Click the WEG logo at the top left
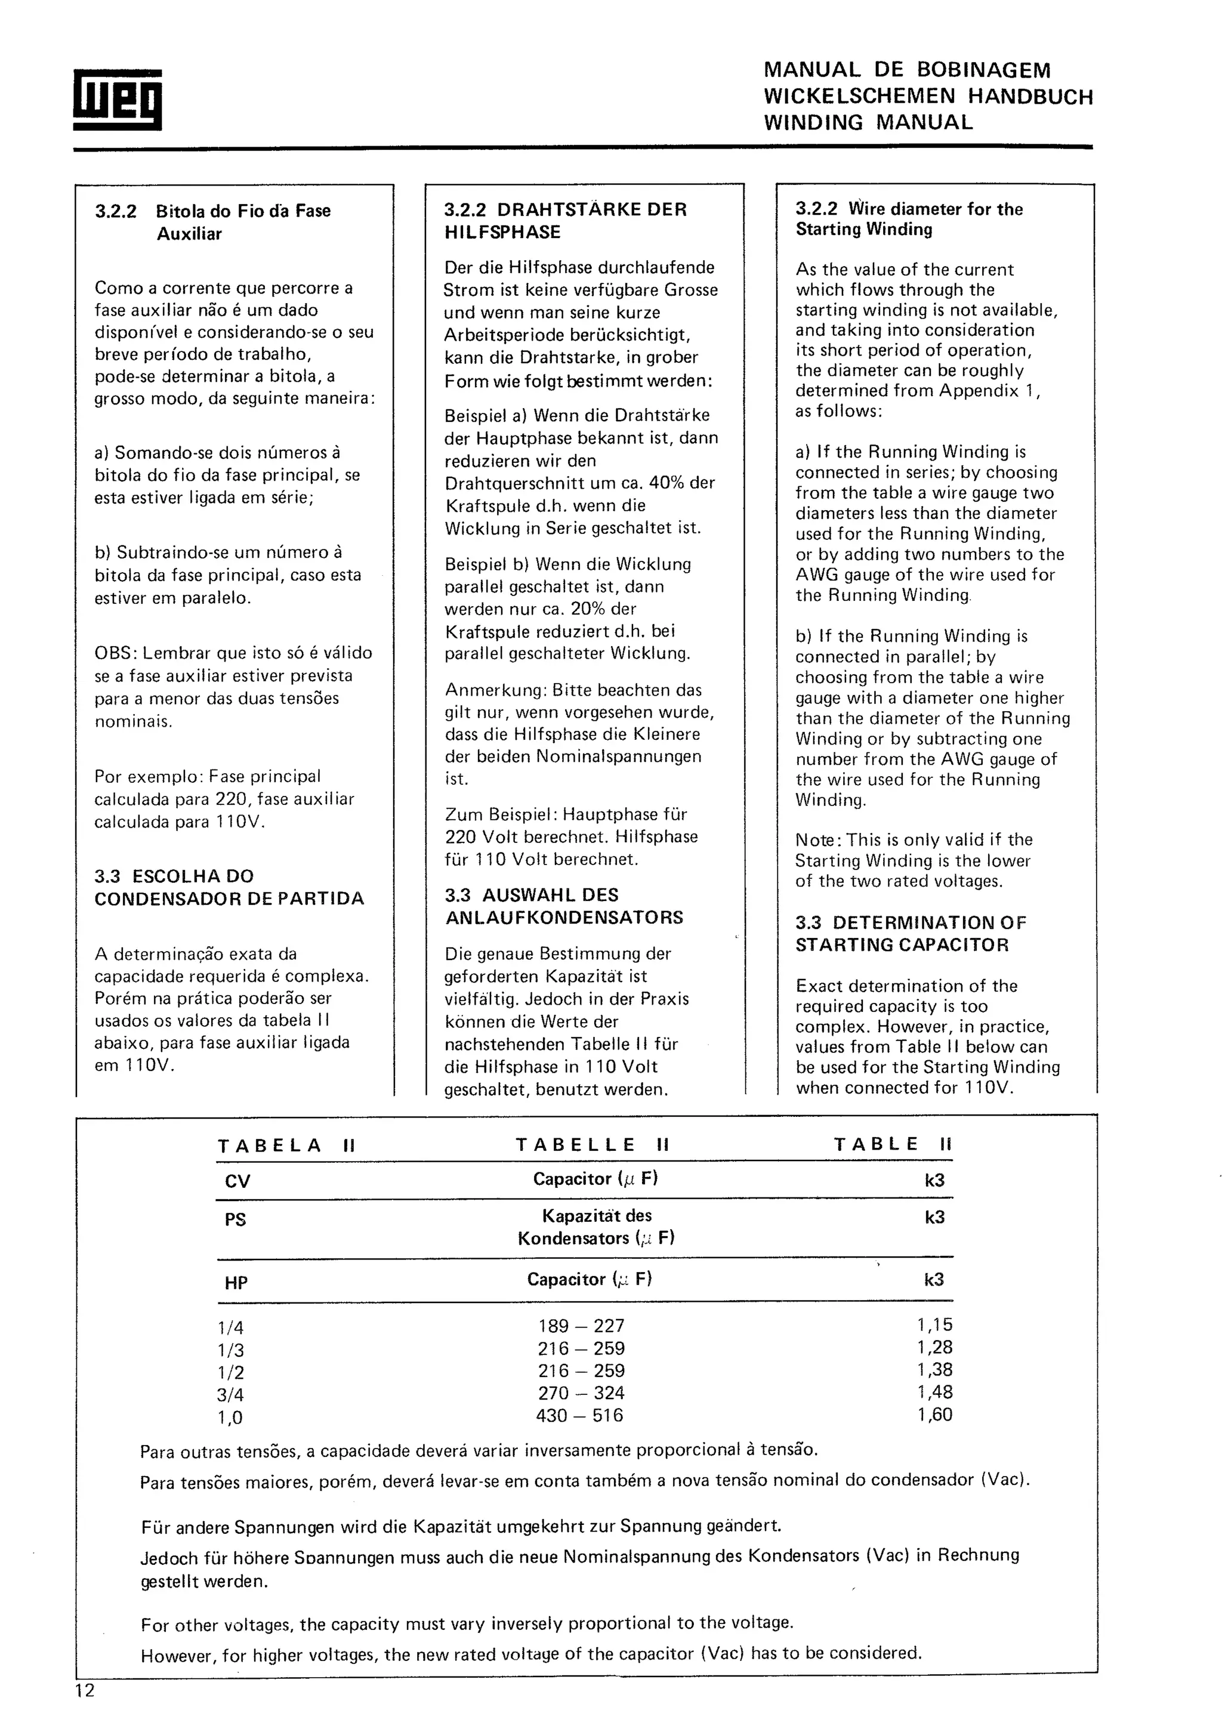click(x=117, y=100)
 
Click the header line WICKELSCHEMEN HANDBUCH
click(x=928, y=97)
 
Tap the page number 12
click(x=85, y=1691)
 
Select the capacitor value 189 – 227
click(x=581, y=1325)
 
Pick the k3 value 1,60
click(x=934, y=1414)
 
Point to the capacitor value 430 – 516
click(x=580, y=1415)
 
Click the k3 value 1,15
click(x=934, y=1324)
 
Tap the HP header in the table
click(x=236, y=1283)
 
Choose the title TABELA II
click(x=286, y=1146)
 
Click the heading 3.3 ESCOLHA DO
click(x=174, y=876)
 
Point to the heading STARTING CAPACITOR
click(x=901, y=944)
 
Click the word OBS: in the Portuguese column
click(x=115, y=653)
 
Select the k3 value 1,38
click(x=934, y=1370)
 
